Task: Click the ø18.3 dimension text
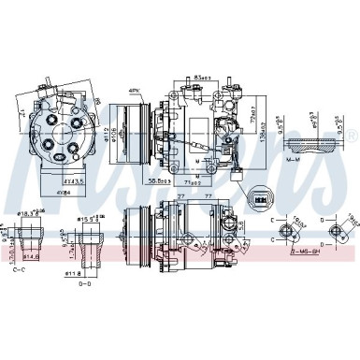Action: point(28,214)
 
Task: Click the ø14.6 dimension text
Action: point(30,254)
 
